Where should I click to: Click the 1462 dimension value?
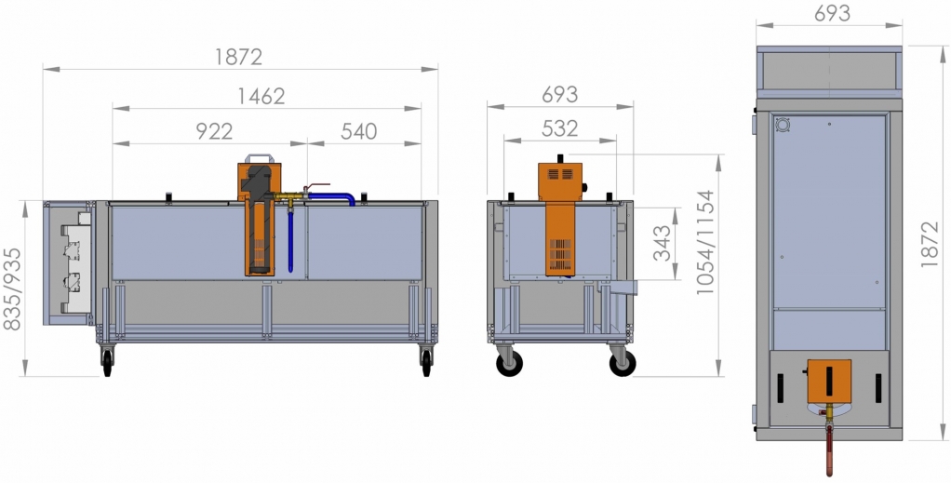261,96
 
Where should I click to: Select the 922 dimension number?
214,131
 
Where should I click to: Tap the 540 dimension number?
359,131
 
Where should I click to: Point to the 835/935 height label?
12,288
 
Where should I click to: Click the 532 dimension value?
560,128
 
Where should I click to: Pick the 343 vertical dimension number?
663,243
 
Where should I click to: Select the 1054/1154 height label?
706,243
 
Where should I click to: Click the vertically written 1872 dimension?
930,244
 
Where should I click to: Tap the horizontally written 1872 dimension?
239,57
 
